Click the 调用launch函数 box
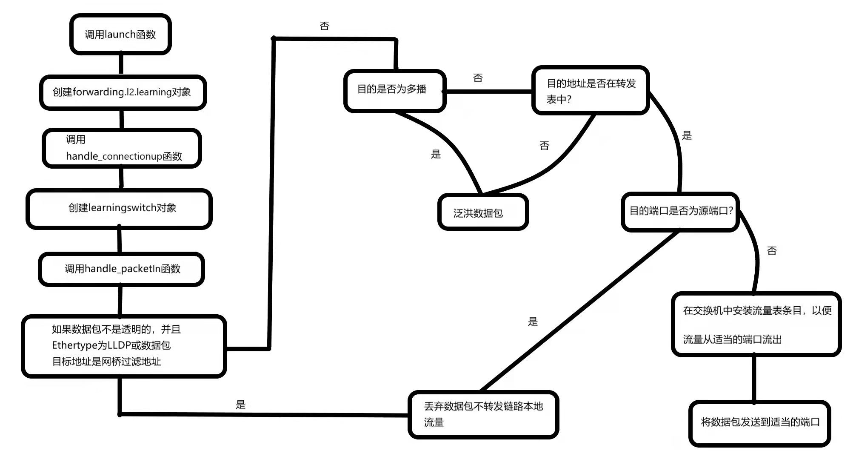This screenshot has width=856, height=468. [120, 34]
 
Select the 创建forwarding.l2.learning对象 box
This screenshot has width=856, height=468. [123, 92]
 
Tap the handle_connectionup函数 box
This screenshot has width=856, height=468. [122, 148]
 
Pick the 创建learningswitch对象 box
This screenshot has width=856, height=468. [119, 209]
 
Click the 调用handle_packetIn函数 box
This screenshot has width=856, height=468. [122, 269]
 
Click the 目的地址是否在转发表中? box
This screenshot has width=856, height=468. [590, 91]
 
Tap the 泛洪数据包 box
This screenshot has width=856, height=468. [483, 212]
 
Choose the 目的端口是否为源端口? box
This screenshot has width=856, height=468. [680, 211]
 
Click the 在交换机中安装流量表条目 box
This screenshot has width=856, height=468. [756, 324]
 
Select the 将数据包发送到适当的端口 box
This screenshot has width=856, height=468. [759, 423]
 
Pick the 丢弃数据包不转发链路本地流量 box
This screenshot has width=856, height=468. [483, 414]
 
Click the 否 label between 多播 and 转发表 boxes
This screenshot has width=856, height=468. [478, 78]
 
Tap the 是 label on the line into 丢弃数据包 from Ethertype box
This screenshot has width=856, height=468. [241, 405]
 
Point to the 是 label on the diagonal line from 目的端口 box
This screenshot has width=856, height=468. [533, 322]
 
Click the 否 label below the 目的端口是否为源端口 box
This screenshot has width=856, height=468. [772, 251]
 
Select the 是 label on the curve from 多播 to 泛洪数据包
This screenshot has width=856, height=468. [436, 154]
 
